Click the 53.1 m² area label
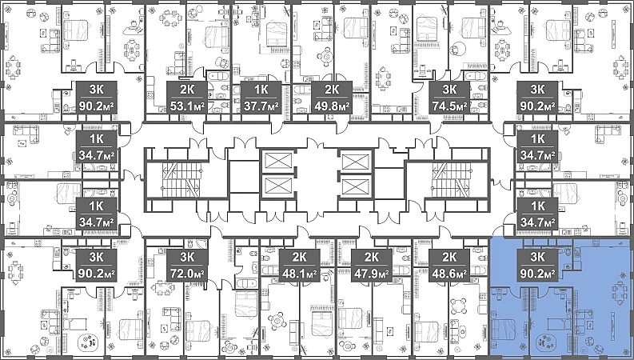[x=187, y=106]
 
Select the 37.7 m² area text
[x=261, y=106]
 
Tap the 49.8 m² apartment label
[x=332, y=106]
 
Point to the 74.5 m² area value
[x=449, y=106]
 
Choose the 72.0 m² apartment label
[x=187, y=274]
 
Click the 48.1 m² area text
[x=299, y=274]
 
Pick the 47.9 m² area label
[x=372, y=274]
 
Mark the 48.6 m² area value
[x=449, y=274]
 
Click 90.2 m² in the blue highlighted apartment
[x=537, y=274]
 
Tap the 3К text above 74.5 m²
[x=449, y=89]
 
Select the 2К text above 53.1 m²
[x=187, y=89]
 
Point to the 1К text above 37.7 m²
[x=261, y=89]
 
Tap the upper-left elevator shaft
[x=277, y=161]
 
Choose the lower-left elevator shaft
[x=277, y=188]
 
